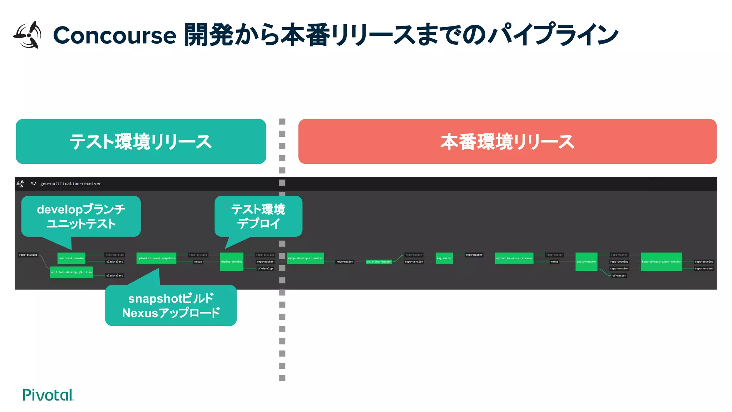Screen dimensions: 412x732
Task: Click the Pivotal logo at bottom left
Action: (48, 395)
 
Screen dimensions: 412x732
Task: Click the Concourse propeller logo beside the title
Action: (28, 35)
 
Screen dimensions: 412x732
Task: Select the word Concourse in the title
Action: (114, 35)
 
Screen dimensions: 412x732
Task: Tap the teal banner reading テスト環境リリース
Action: (141, 142)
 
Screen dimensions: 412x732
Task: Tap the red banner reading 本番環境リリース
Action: (507, 142)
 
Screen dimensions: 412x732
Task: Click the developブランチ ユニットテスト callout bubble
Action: (81, 216)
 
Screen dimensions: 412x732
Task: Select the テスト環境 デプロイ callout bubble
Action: (258, 216)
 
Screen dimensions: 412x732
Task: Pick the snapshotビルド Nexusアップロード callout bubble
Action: (171, 305)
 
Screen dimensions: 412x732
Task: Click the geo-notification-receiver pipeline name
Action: (71, 183)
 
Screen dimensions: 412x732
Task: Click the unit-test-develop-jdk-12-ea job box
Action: (71, 272)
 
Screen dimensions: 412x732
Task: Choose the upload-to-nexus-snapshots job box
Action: (156, 258)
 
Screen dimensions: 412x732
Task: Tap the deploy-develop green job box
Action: (232, 262)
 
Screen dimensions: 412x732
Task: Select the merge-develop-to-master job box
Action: (305, 258)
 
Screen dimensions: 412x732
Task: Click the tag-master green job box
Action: (444, 258)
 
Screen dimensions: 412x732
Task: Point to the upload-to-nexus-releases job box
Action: (514, 258)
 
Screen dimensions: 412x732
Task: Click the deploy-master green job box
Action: (586, 262)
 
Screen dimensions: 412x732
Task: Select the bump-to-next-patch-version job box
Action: (661, 262)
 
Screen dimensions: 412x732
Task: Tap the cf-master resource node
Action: (619, 276)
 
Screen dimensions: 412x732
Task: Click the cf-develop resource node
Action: (265, 269)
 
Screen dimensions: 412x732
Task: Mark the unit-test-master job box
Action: (379, 262)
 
